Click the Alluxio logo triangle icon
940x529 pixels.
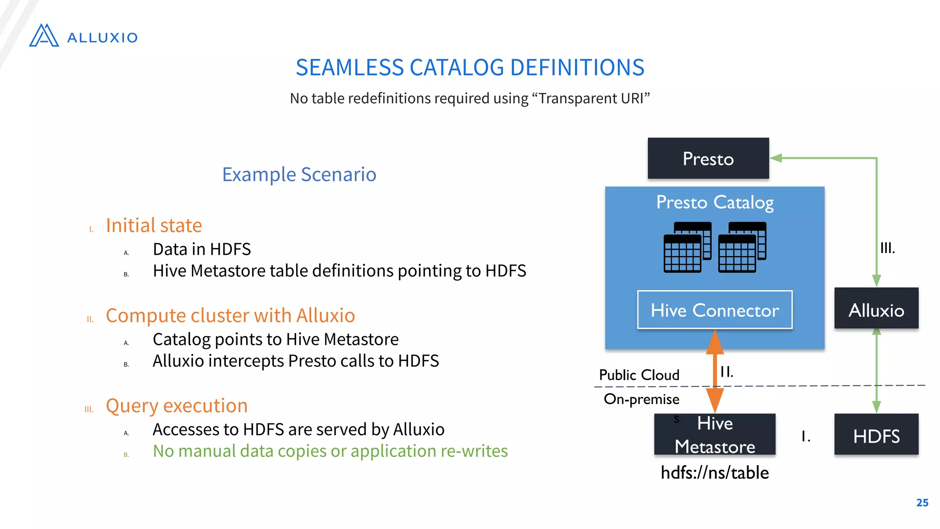point(44,36)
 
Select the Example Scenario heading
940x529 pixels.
point(299,174)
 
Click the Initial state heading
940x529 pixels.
point(154,225)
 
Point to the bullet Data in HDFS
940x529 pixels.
point(201,249)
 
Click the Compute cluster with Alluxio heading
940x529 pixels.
point(230,315)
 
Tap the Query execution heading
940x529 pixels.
point(177,406)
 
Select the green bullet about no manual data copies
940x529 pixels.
point(330,451)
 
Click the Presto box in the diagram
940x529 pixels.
point(708,158)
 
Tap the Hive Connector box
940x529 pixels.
point(715,310)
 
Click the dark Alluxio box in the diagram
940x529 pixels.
point(876,308)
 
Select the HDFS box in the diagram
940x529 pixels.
point(876,435)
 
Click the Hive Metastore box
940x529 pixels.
point(714,434)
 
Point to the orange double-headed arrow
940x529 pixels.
point(715,371)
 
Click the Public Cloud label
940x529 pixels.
point(639,375)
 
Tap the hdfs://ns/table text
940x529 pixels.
point(714,473)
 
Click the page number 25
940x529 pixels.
point(922,502)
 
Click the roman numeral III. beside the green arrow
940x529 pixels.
point(887,248)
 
